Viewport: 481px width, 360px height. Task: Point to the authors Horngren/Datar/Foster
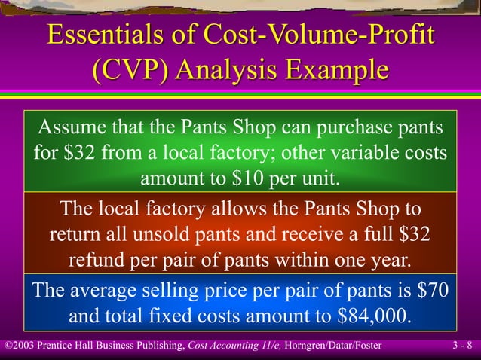pos(333,346)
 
